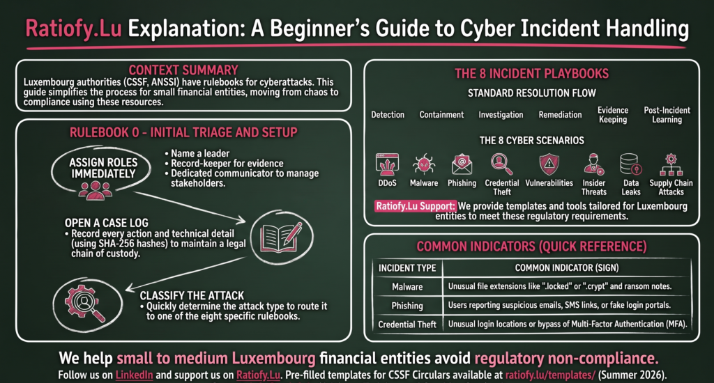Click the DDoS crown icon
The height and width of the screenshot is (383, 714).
[387, 164]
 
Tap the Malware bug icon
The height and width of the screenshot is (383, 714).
[423, 164]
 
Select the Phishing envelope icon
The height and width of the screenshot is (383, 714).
[462, 164]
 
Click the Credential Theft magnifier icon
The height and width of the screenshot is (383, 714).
[501, 164]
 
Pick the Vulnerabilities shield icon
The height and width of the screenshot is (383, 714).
[549, 164]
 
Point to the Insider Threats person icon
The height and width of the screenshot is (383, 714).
[594, 164]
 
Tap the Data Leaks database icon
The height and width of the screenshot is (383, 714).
[630, 164]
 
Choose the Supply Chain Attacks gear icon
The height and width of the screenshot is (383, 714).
[671, 164]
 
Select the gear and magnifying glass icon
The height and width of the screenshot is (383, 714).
[85, 304]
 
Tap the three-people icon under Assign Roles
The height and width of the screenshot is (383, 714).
[95, 190]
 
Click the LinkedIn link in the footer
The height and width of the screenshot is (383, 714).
[134, 375]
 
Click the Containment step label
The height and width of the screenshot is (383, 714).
[441, 115]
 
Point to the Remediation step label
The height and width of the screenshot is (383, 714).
[560, 115]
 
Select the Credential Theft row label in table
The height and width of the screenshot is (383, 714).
[407, 325]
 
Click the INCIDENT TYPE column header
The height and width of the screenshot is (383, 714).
[407, 268]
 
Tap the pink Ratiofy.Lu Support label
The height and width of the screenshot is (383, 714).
[416, 206]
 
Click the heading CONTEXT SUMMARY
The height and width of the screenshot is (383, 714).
[183, 70]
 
